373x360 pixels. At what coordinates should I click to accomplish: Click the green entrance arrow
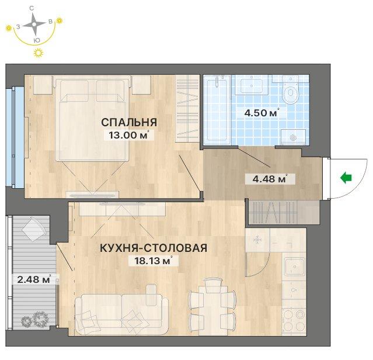[x=346, y=178]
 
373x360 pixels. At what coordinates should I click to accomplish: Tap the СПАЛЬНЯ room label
[x=129, y=122]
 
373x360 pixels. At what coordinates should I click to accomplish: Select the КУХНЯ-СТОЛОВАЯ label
[x=154, y=248]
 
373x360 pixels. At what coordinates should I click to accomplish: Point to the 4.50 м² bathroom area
[x=262, y=113]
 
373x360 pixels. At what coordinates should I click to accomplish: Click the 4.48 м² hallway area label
[x=270, y=179]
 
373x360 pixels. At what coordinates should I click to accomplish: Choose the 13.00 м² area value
[x=129, y=135]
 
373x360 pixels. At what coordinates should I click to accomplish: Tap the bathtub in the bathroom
[x=217, y=110]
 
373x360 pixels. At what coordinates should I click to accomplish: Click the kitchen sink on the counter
[x=295, y=266]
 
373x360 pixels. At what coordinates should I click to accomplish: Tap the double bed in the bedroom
[x=93, y=118]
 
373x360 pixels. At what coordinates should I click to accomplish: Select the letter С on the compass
[x=32, y=8]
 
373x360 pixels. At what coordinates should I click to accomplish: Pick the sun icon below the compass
[x=39, y=53]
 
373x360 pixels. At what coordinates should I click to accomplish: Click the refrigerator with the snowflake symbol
[x=257, y=240]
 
